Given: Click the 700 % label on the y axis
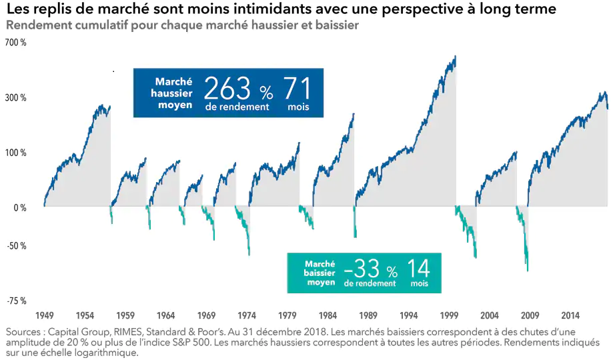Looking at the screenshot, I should (15, 43).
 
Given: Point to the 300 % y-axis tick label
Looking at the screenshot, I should (15, 98).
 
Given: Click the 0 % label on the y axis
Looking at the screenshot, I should (19, 208).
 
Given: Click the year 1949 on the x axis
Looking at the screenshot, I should (44, 315).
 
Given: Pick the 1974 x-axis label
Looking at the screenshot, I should (247, 315).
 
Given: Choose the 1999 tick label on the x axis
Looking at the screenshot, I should (450, 315).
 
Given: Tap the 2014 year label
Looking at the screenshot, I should (570, 315).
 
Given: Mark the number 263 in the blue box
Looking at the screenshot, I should (227, 89).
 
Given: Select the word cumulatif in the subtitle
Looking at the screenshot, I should (94, 25).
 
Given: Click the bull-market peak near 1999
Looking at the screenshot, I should (455, 57).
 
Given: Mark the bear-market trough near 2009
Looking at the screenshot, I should (527, 270).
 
